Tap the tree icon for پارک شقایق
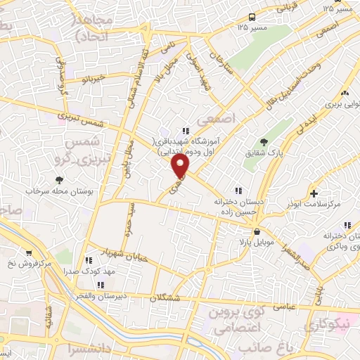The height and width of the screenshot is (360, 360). tap(264, 143)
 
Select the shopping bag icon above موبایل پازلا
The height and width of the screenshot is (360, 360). tap(258, 231)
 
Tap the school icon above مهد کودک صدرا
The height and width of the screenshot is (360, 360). tap(88, 260)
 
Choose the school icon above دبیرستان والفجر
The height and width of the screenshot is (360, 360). tap(101, 285)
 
